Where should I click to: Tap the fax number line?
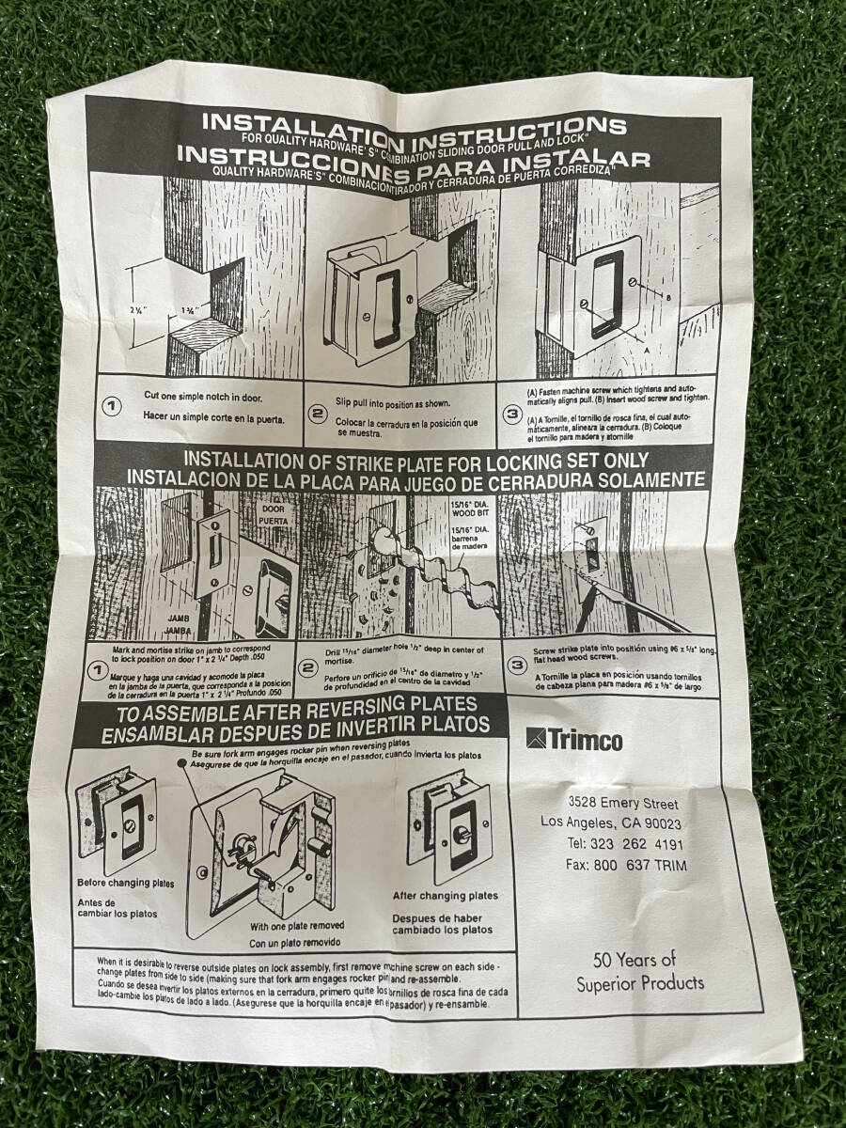coord(627,865)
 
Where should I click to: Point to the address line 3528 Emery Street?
coord(623,804)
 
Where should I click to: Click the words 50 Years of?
coord(634,960)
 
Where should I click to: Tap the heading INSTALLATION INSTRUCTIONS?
coord(414,123)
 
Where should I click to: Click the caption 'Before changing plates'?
coord(126,884)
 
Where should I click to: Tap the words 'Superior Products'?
coord(640,983)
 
